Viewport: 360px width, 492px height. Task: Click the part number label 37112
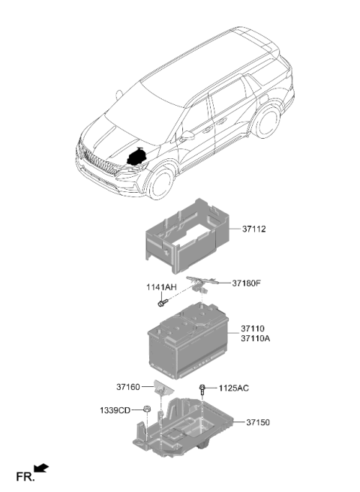point(253,229)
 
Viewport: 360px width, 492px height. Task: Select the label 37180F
point(246,283)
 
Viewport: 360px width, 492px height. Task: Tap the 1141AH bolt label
point(161,287)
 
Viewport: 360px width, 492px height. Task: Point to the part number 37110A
point(255,338)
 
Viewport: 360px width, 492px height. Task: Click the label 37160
point(128,387)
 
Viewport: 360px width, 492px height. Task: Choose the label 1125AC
point(233,388)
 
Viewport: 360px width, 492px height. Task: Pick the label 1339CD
point(115,410)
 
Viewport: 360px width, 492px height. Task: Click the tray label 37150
point(258,422)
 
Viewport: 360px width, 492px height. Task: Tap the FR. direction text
point(25,477)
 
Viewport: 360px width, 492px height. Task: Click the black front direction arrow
point(41,468)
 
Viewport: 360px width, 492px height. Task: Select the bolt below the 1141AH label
point(163,303)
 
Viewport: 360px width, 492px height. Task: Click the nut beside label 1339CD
point(146,409)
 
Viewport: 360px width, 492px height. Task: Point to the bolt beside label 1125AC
point(202,390)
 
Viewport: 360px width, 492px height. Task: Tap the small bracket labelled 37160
point(163,388)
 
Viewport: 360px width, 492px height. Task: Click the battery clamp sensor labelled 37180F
point(201,283)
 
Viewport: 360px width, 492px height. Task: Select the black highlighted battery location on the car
point(137,157)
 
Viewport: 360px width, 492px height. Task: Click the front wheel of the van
point(161,184)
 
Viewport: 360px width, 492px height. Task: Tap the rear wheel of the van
point(268,121)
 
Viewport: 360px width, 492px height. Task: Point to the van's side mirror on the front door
point(187,136)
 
